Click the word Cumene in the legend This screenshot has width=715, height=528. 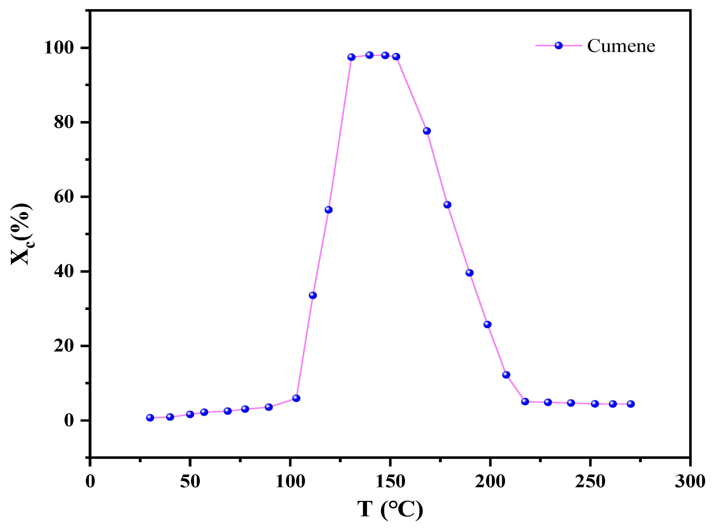click(621, 46)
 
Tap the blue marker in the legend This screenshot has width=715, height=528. click(558, 45)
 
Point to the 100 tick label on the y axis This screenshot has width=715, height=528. click(59, 48)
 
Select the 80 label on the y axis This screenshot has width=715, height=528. click(64, 122)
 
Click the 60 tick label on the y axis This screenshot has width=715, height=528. click(64, 197)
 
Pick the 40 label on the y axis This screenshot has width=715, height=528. click(64, 271)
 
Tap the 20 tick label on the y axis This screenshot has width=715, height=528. click(64, 346)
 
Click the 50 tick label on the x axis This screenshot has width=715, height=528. click(190, 482)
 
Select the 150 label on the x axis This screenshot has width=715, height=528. click(390, 482)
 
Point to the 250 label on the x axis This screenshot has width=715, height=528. click(590, 482)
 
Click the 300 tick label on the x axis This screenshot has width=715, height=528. click(690, 482)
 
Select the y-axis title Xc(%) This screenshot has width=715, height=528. click(22, 234)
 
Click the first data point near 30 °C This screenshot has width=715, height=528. click(150, 418)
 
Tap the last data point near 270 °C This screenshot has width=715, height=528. click(631, 404)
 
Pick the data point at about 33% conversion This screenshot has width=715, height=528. click(313, 295)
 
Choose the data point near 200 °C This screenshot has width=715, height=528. click(487, 325)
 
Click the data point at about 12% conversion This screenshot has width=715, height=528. click(506, 375)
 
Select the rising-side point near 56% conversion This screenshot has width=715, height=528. click(328, 210)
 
